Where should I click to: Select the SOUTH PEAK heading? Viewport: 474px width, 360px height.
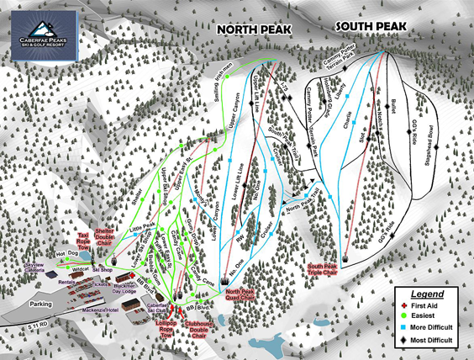coord(371,26)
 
